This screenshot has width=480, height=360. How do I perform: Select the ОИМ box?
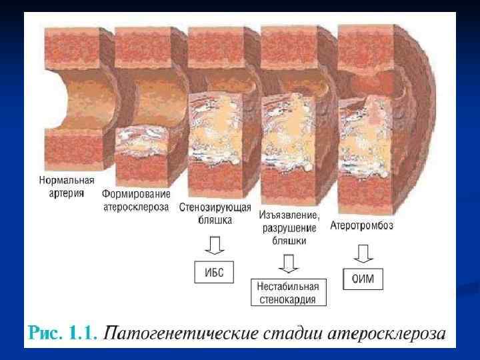[x=363, y=279]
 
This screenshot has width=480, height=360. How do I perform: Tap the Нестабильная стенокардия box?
[x=288, y=293]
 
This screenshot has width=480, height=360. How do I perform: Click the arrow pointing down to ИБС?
[x=214, y=247]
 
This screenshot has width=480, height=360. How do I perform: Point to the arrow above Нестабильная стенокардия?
[x=289, y=263]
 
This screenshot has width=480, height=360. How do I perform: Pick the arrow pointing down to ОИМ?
[x=363, y=253]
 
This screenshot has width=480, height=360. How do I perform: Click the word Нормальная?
[x=67, y=181]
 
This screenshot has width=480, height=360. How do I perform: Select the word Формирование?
[x=137, y=194]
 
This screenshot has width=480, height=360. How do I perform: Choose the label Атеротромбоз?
[x=362, y=225]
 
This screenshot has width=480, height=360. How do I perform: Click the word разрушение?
[x=289, y=228]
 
